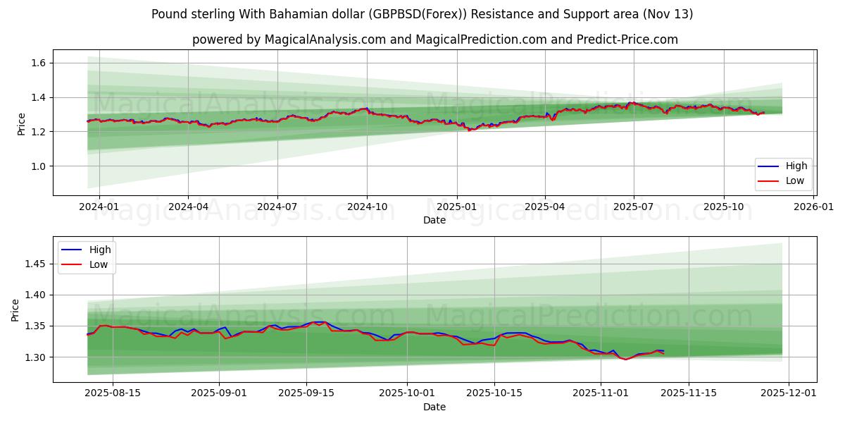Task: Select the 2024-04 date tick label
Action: [188, 207]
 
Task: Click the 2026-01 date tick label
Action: [813, 207]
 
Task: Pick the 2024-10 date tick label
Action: [367, 207]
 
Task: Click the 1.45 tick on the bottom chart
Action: [35, 264]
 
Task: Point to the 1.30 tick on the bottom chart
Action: [35, 357]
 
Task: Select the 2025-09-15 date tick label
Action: [306, 393]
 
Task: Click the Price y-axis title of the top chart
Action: [22, 124]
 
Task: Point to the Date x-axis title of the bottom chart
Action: [434, 407]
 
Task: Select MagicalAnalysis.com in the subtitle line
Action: [325, 39]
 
